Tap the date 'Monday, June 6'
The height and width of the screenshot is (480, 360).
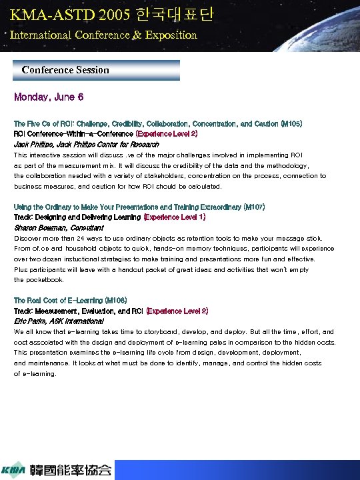click(49, 97)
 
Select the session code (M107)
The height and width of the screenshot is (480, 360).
click(256, 207)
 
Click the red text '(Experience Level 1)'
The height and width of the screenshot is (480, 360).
click(175, 217)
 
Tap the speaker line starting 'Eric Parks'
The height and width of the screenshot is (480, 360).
click(59, 321)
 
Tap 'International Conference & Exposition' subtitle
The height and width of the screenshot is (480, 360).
click(103, 35)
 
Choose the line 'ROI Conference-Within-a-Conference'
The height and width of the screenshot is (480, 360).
click(73, 134)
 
